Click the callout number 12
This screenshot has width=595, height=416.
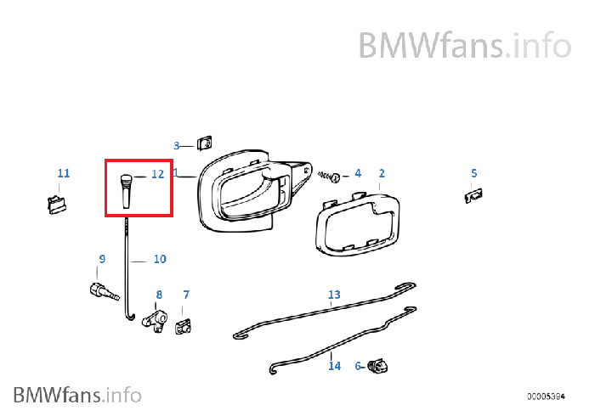click(156, 174)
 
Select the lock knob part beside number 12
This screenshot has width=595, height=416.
click(126, 188)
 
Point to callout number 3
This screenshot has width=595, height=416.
click(177, 145)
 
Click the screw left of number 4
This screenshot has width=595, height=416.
click(331, 177)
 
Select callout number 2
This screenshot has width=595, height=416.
click(382, 173)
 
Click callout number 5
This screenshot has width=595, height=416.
click(474, 173)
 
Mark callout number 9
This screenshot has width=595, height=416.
click(102, 259)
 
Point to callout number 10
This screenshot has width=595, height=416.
click(160, 259)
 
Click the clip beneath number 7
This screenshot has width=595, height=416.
click(183, 325)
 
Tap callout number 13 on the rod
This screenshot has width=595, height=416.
click(334, 295)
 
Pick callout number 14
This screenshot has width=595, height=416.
click(334, 366)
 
